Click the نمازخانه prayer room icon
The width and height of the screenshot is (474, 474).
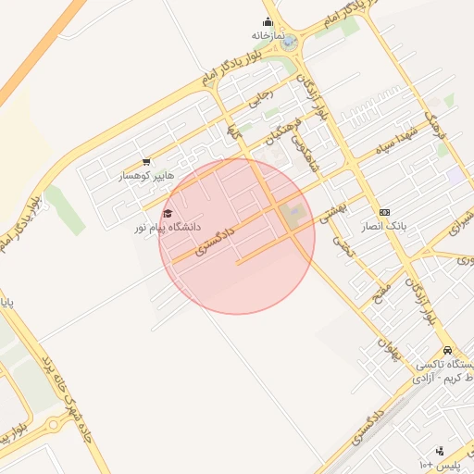[268, 22]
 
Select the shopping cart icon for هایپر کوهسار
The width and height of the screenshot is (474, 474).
[146, 162]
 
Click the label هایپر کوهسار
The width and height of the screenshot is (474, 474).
[141, 175]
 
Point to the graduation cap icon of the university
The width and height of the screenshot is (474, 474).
[167, 214]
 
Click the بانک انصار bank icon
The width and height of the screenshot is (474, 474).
[385, 212]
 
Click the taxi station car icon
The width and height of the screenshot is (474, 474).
[448, 351]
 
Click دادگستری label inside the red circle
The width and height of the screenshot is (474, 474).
[216, 238]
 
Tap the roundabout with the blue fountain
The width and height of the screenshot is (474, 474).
[290, 42]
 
